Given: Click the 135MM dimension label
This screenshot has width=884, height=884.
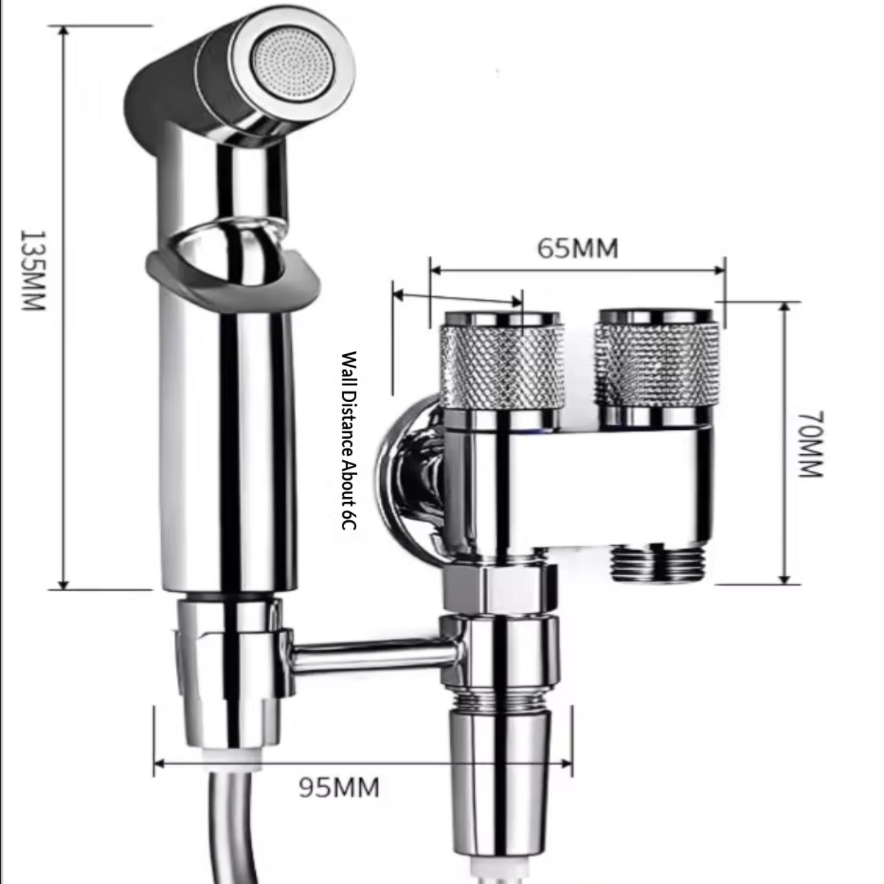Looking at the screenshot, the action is click(31, 270).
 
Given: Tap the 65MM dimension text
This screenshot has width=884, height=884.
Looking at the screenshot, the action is click(578, 249).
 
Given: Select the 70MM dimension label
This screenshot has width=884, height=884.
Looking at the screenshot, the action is click(812, 445).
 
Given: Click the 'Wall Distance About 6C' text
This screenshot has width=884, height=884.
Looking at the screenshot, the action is click(349, 440).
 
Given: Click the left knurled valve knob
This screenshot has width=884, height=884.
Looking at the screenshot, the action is click(502, 362).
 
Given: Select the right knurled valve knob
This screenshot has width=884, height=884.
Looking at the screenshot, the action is click(657, 362).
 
